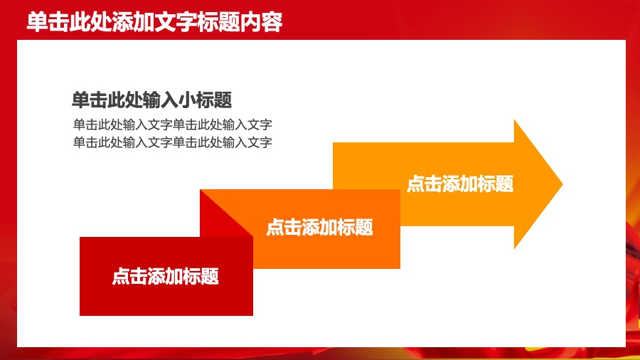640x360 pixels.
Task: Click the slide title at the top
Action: click(x=154, y=22)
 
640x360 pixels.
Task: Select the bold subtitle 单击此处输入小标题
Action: click(x=152, y=100)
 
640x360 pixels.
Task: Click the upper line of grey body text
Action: click(x=173, y=125)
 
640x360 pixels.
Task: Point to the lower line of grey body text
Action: click(x=173, y=142)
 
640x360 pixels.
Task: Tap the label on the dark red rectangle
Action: click(x=165, y=276)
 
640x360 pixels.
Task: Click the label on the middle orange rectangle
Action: click(x=319, y=228)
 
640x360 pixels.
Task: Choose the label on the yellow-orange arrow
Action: click(x=459, y=184)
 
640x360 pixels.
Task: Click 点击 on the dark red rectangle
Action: click(x=129, y=276)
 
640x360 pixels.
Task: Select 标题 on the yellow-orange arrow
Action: click(x=495, y=184)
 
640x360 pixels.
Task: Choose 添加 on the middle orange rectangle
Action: click(x=319, y=228)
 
